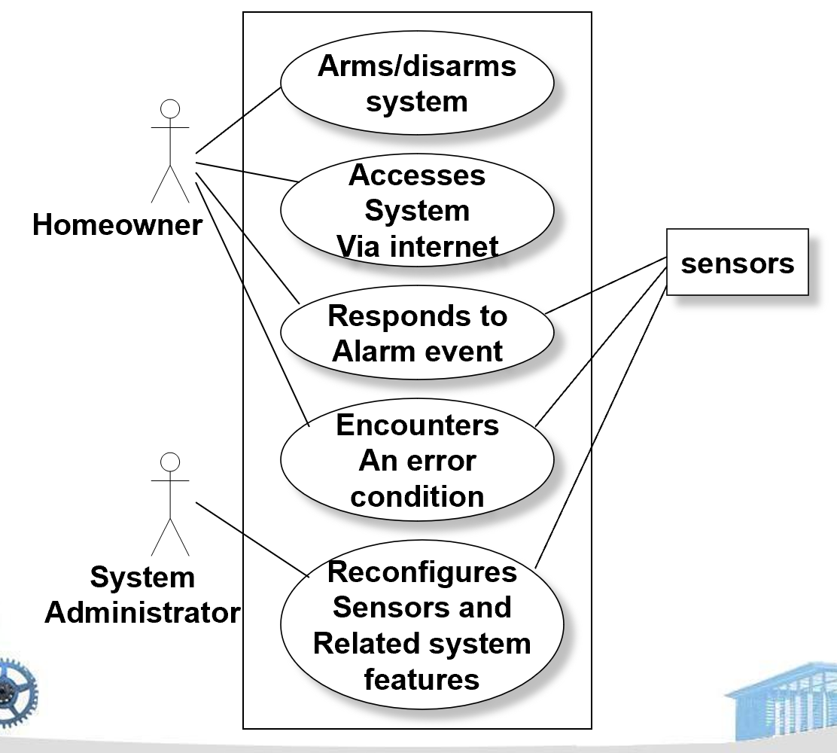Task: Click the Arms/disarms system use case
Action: click(417, 83)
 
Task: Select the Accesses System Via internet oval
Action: click(417, 210)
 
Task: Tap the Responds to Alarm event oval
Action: click(417, 333)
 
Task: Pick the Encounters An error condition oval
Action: click(417, 460)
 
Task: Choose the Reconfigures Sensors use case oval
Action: click(422, 625)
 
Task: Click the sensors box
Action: click(737, 262)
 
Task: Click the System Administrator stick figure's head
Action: click(171, 462)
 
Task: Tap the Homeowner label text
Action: click(117, 224)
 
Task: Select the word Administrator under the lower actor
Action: click(142, 612)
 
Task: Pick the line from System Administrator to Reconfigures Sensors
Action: click(252, 539)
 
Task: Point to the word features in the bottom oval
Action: click(422, 679)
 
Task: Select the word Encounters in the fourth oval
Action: click(417, 425)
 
